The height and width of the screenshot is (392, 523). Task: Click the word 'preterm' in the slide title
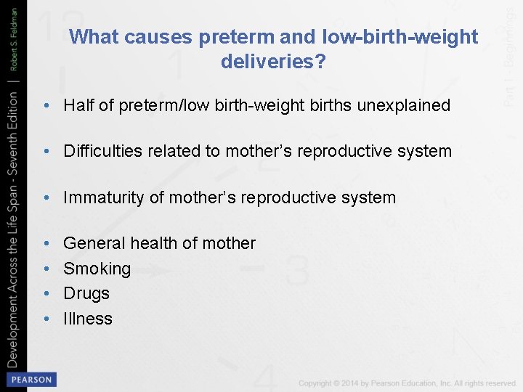pyautogui.click(x=206, y=37)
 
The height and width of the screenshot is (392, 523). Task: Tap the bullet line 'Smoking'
pyautogui.click(x=97, y=269)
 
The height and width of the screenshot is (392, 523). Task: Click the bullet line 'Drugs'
pyautogui.click(x=86, y=293)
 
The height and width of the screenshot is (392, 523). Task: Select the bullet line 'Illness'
pyautogui.click(x=88, y=318)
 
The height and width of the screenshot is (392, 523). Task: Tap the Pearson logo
pyautogui.click(x=31, y=380)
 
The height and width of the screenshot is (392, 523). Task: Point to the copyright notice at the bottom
pyautogui.click(x=408, y=383)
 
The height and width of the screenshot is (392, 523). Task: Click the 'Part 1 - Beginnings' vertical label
pyautogui.click(x=511, y=53)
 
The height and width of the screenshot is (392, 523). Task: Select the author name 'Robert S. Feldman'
pyautogui.click(x=14, y=37)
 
